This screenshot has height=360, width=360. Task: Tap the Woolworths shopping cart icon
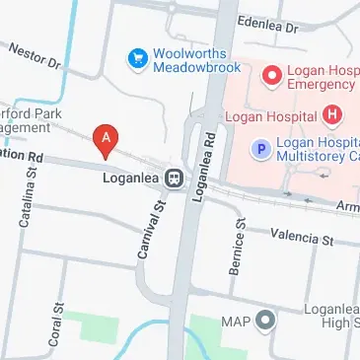coord(138,60)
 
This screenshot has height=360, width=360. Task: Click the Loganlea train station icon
coord(175,179)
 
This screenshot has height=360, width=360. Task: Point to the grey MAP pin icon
coord(264,320)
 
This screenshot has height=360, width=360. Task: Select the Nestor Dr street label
coord(35,58)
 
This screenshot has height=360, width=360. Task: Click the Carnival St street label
coord(149,229)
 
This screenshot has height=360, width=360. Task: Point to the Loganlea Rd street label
coord(206,167)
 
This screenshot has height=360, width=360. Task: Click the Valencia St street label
coord(302,238)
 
